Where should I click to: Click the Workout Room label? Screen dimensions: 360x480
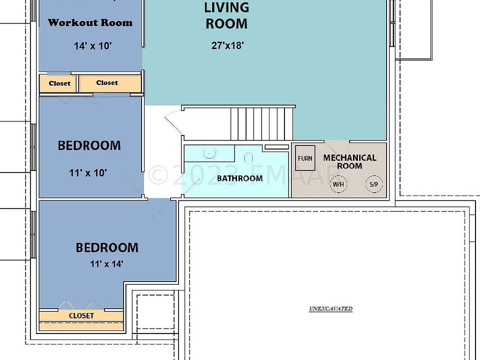(x=90, y=22)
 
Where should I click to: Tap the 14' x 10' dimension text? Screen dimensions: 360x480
(x=92, y=46)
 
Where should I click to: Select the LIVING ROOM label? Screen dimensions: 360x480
(x=226, y=15)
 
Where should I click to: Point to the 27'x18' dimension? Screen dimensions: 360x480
(x=227, y=45)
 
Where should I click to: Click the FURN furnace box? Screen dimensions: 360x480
(x=305, y=158)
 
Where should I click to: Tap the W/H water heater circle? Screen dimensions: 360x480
(x=338, y=184)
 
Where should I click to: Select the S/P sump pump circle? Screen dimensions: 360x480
(x=373, y=184)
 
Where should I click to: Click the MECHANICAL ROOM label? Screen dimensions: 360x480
(x=349, y=161)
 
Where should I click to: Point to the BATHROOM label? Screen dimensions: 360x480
(x=239, y=178)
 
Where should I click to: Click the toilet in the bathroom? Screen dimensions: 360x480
(x=248, y=157)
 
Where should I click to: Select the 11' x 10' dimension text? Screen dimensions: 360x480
(x=88, y=173)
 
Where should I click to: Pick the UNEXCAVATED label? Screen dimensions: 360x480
(x=330, y=309)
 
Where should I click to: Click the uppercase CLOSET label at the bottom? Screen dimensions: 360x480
(x=81, y=316)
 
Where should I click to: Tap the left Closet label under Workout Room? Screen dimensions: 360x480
(x=59, y=83)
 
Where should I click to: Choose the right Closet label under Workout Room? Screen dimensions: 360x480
(x=107, y=83)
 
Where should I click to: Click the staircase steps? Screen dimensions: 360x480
(x=261, y=124)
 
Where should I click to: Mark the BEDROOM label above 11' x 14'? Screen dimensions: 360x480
(x=107, y=247)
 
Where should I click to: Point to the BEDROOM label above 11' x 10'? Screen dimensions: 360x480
(x=89, y=145)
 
